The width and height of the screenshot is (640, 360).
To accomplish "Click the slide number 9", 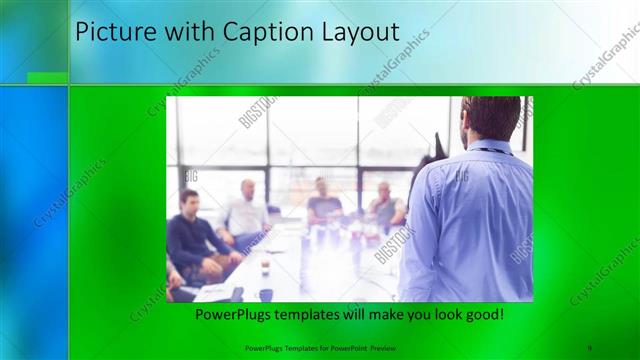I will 590,348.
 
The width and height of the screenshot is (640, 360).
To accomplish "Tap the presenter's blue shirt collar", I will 492,148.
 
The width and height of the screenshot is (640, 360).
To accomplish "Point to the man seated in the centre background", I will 323,203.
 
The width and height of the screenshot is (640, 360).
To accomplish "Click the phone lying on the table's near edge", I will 237,294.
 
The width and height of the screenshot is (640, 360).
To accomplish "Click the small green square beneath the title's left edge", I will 47,78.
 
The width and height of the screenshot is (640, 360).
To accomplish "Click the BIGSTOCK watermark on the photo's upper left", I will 257,113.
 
